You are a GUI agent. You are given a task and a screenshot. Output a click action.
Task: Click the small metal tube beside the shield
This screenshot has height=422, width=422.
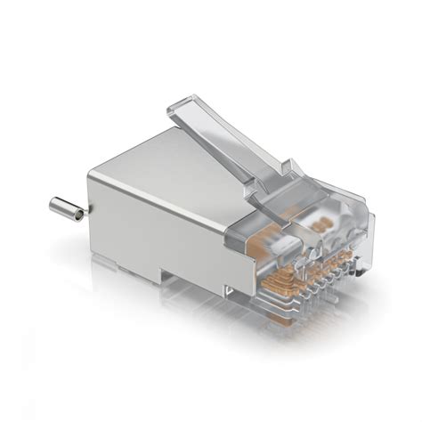[x=67, y=207]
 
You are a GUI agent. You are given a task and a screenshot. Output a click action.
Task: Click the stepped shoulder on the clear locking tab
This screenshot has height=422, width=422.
[x=290, y=169]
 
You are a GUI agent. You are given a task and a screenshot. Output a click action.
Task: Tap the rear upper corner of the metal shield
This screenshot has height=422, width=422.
[x=92, y=174]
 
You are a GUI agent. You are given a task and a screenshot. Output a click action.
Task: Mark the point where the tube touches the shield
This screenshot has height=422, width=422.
[x=86, y=215]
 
